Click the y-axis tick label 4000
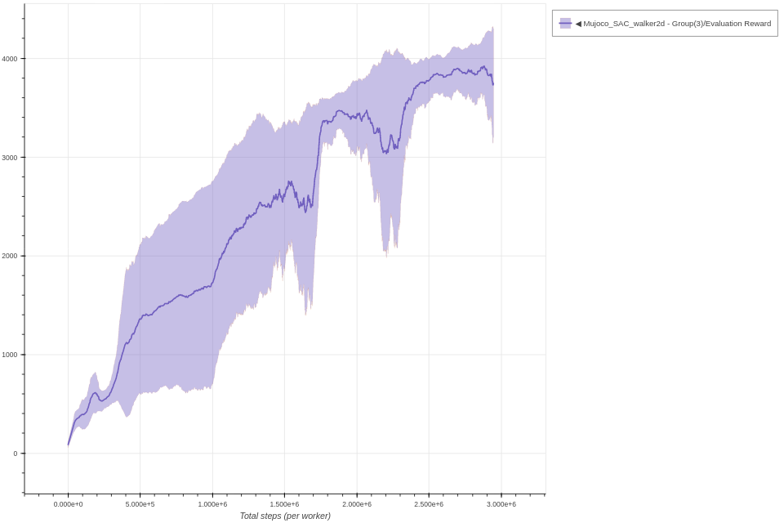[x=9, y=59]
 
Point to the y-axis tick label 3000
[x=9, y=158]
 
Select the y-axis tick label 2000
[x=9, y=256]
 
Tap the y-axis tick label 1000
[x=9, y=355]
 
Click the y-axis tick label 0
[x=15, y=454]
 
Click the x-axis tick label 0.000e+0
[x=68, y=504]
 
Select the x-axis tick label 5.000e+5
[x=140, y=504]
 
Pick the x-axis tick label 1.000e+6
[x=212, y=504]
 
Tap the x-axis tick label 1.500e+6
[x=284, y=504]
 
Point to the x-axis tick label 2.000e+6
[x=357, y=504]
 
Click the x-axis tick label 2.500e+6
[x=429, y=504]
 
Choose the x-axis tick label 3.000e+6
[x=501, y=504]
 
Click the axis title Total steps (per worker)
[x=285, y=516]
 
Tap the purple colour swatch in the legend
[x=565, y=24]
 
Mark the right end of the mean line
[x=493, y=84]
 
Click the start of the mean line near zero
[x=69, y=445]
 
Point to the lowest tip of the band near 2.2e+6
[x=386, y=256]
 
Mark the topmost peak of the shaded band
[x=492, y=27]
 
